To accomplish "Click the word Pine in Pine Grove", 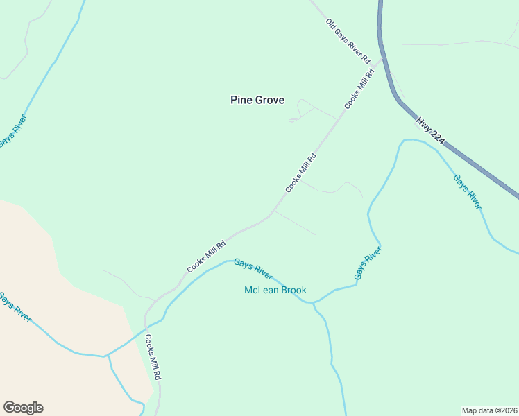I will (x=240, y=100).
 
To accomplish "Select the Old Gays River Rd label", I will (x=348, y=42).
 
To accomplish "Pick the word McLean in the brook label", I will (x=260, y=290).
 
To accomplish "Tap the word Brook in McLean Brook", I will (x=293, y=290).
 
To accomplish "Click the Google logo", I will (x=23, y=408).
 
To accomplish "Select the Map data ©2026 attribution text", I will (x=490, y=410).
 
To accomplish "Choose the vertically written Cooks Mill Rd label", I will (x=153, y=357).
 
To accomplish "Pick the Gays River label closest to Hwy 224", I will (x=467, y=191).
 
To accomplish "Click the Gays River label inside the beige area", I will (x=14, y=307).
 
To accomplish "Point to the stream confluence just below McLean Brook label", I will (x=313, y=303).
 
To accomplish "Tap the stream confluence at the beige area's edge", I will (x=106, y=356).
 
